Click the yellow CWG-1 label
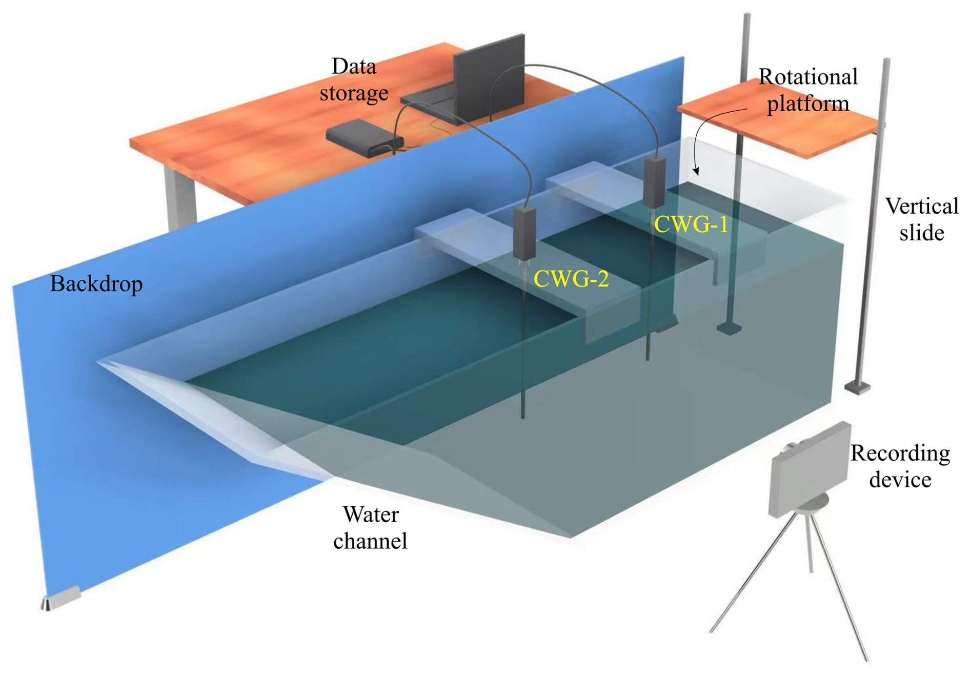tap(691, 224)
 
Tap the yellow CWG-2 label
tap(571, 279)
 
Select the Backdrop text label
tap(96, 284)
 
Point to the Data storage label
tap(354, 80)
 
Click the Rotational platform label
tap(807, 90)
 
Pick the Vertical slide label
tap(921, 219)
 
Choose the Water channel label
tap(370, 527)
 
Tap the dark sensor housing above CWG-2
tap(524, 233)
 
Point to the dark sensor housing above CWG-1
tap(655, 182)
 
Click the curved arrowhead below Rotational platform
tap(696, 171)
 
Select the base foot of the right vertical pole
tap(857, 387)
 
